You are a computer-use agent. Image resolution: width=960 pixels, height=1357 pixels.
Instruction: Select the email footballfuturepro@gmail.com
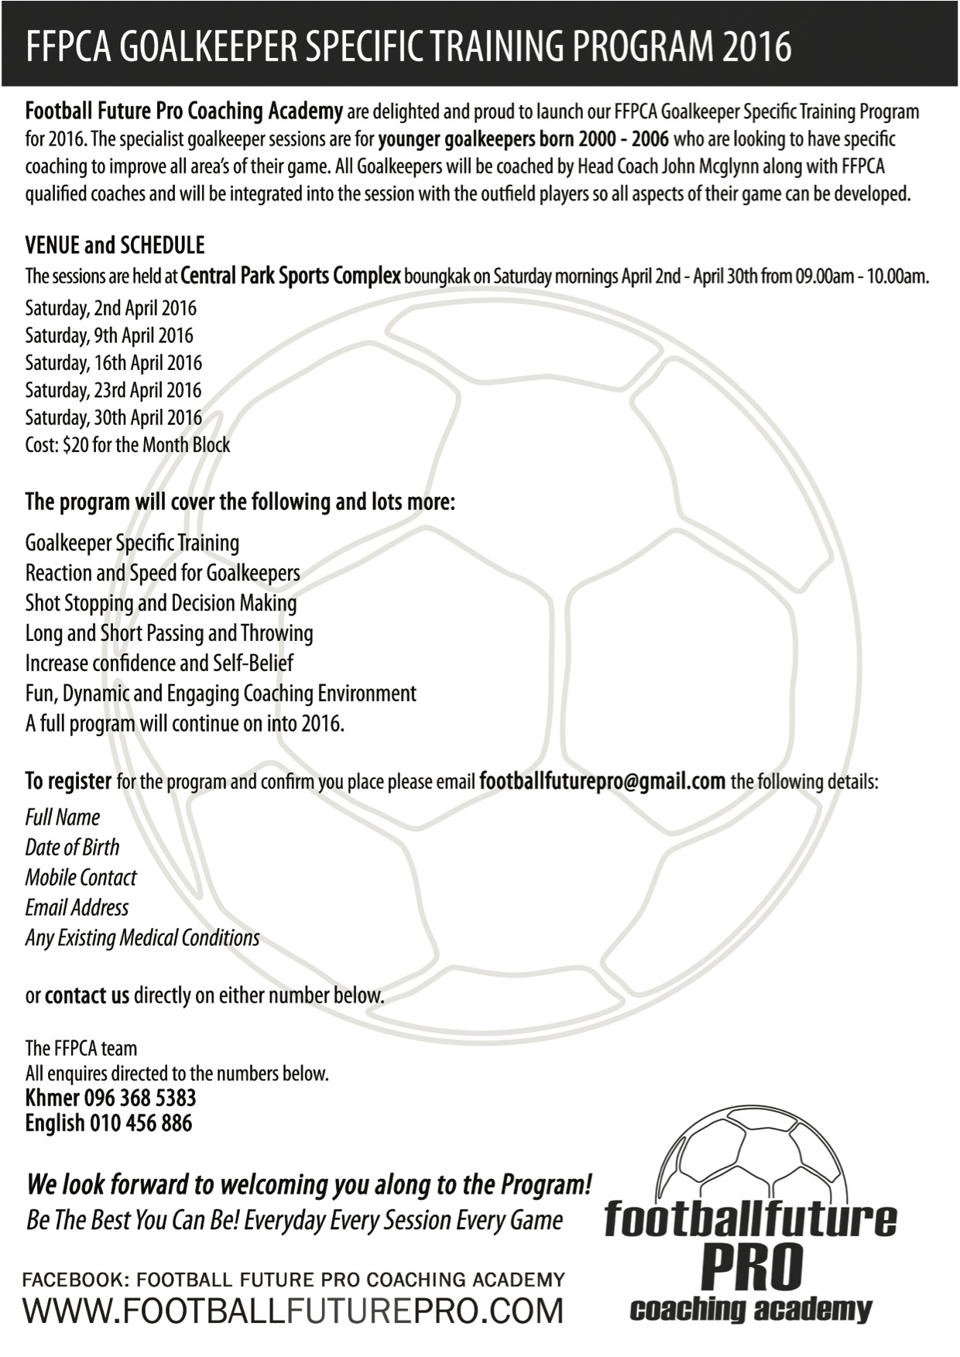tap(602, 780)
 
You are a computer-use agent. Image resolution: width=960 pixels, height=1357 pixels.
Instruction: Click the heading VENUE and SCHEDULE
tap(115, 245)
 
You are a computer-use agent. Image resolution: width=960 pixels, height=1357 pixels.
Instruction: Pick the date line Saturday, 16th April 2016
tap(113, 363)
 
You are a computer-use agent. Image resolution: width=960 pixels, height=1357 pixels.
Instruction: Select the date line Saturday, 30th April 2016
tap(113, 418)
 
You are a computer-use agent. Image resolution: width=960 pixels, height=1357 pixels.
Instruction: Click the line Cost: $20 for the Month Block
tap(128, 445)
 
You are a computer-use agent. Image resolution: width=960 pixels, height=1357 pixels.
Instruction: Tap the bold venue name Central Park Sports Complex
tap(290, 276)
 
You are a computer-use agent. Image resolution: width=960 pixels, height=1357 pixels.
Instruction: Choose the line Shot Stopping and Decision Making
tap(160, 603)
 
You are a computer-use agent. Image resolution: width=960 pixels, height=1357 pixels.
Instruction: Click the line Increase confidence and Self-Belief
tap(159, 663)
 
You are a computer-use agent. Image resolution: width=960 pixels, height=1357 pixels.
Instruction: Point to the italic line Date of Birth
tap(72, 847)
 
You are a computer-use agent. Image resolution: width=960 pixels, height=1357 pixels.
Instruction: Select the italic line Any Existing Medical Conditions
tap(142, 938)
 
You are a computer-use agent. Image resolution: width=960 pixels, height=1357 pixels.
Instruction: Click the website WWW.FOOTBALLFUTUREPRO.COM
tap(293, 1311)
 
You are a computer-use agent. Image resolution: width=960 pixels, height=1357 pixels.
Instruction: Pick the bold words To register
tap(68, 781)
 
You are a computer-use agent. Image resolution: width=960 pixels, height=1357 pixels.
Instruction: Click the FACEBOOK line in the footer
tap(293, 1280)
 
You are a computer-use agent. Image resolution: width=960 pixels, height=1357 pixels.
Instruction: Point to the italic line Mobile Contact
tap(81, 877)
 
